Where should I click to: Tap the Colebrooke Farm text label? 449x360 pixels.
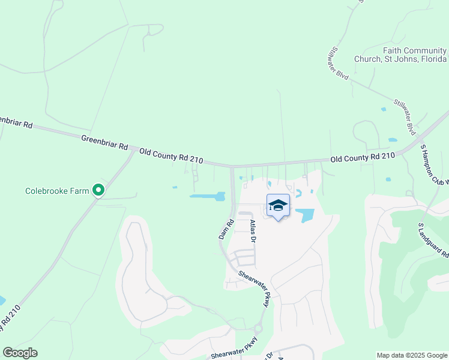pyautogui.click(x=57, y=191)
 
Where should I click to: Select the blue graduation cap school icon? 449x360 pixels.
pyautogui.click(x=278, y=206)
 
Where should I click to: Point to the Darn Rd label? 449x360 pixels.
pyautogui.click(x=224, y=228)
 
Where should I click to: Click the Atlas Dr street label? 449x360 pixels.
pyautogui.click(x=253, y=231)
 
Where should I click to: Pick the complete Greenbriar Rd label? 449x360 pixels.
pyautogui.click(x=104, y=142)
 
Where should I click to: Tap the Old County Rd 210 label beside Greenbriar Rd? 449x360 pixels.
pyautogui.click(x=171, y=156)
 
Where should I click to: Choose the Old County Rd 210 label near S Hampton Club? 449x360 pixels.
pyautogui.click(x=363, y=157)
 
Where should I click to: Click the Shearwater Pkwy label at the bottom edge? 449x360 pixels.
pyautogui.click(x=234, y=351)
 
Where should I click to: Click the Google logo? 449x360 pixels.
pyautogui.click(x=20, y=353)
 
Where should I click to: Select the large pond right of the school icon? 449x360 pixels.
pyautogui.click(x=307, y=215)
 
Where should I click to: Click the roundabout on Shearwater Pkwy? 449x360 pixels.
pyautogui.click(x=259, y=328)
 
